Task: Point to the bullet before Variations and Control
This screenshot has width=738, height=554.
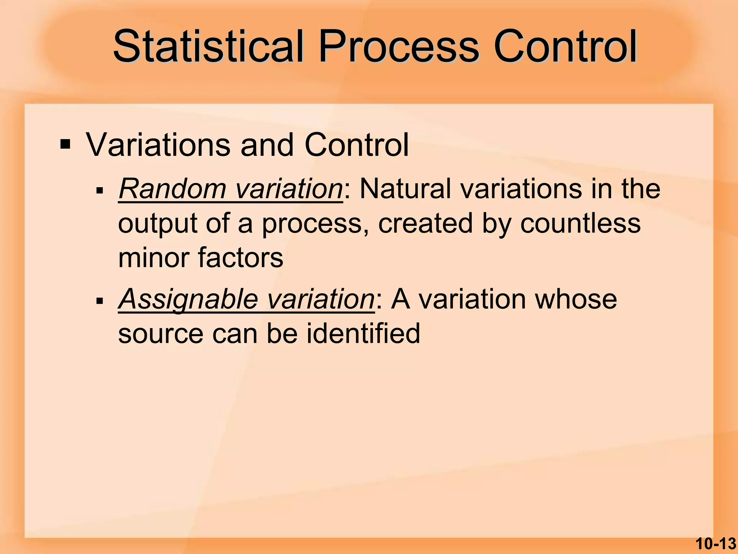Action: tap(66, 145)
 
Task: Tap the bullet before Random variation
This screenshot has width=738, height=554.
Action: tap(100, 190)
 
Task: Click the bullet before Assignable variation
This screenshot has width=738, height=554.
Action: tap(100, 300)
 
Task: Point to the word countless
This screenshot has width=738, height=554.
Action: tap(580, 223)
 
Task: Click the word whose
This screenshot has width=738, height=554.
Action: tap(576, 299)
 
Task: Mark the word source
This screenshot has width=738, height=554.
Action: tap(161, 334)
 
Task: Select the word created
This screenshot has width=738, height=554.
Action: tap(425, 223)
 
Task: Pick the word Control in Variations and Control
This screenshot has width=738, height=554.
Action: tap(356, 145)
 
